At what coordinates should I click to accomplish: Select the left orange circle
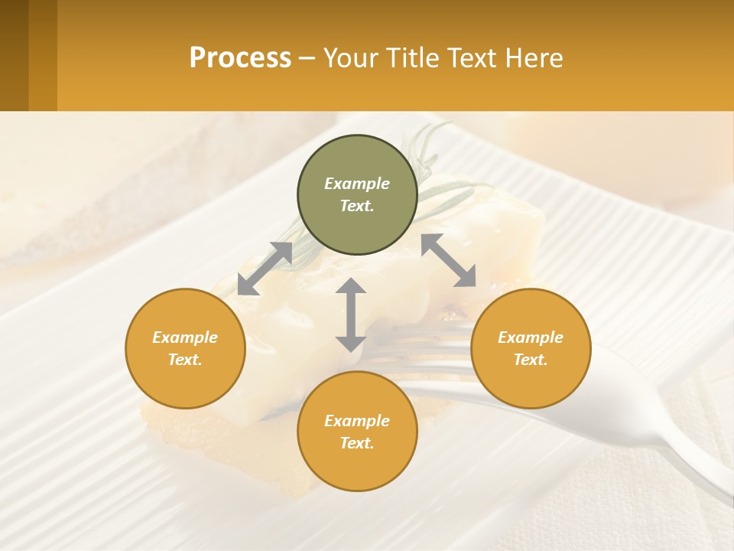pos(185,348)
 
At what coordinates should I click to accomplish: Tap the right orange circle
pos(531,348)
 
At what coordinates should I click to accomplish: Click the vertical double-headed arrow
pos(350,315)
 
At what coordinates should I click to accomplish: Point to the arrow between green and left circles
pos(265,269)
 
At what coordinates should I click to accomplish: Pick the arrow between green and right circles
pos(448,260)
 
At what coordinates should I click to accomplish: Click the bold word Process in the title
pos(240,58)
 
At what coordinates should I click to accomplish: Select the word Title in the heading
pos(412,58)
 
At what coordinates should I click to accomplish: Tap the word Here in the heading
pos(534,58)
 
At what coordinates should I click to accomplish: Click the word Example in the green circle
pos(357,184)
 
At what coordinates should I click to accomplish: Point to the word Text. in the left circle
pos(185,360)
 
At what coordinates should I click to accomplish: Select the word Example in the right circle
pos(531,337)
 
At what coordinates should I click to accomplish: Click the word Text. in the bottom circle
pos(357,443)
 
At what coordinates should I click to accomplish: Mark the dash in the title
pos(307,58)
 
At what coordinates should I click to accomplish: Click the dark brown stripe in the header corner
pos(14,55)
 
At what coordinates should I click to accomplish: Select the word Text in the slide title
pos(471,58)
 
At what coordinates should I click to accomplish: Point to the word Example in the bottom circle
pos(357,421)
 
